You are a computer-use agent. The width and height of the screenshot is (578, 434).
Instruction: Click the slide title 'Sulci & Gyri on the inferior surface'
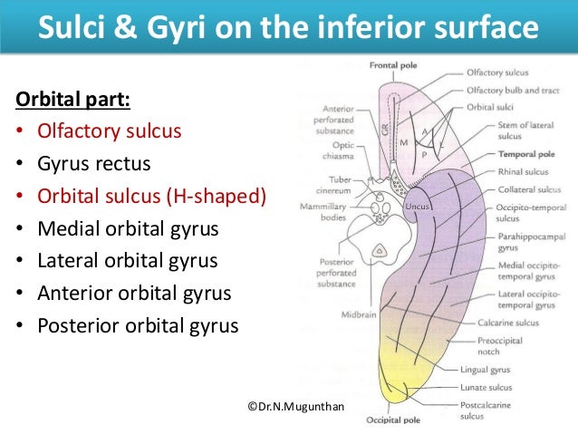click(289, 30)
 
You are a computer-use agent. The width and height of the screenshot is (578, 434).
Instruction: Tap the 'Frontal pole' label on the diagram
click(391, 65)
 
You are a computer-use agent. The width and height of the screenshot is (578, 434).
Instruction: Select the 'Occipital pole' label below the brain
click(391, 420)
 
